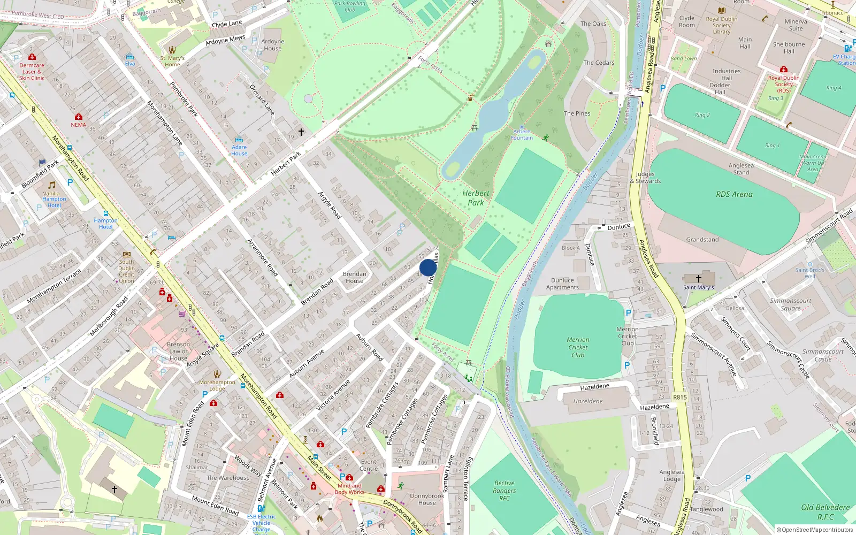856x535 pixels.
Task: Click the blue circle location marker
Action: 428,267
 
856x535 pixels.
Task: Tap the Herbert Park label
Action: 476,198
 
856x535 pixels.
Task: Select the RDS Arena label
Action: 734,194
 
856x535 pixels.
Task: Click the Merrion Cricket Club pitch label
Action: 578,347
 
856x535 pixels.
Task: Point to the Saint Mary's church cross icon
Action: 698,278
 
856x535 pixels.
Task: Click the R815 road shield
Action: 679,397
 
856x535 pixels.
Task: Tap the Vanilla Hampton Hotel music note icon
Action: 52,185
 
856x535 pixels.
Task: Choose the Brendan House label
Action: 354,277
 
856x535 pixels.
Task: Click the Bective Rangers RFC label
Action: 504,490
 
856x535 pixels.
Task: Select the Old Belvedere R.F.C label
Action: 825,511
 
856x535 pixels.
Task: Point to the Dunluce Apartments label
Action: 562,284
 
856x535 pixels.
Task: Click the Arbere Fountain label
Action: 522,134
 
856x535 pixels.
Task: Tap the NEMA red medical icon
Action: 79,117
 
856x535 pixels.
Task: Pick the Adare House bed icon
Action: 239,140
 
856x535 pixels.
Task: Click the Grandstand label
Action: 702,240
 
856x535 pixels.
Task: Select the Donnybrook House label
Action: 427,499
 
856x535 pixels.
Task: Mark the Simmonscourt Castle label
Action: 823,355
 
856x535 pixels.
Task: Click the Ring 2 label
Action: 702,115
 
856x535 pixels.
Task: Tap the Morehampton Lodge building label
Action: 217,385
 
